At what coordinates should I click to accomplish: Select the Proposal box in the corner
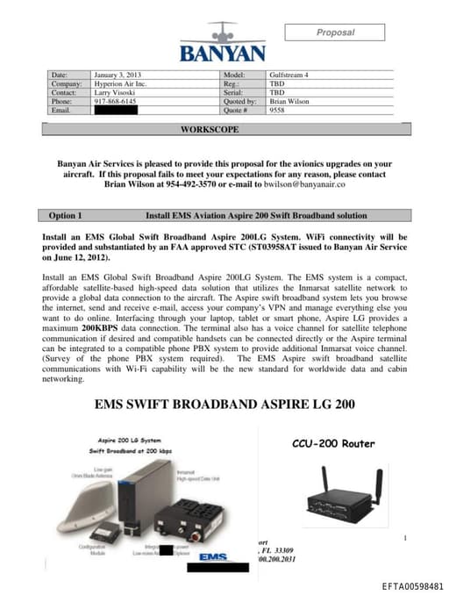[334, 32]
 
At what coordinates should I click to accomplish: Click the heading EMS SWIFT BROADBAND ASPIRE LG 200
[224, 405]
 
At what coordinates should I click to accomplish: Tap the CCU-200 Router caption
[333, 443]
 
